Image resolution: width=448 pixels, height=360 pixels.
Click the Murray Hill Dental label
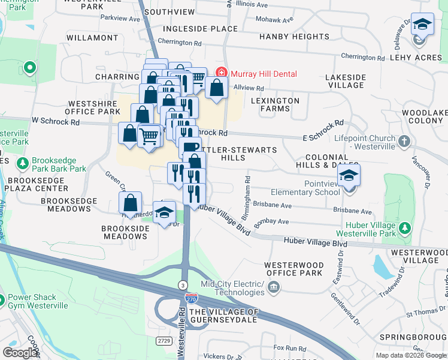[x=264, y=74]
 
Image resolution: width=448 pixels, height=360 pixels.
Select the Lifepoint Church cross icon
[x=404, y=142]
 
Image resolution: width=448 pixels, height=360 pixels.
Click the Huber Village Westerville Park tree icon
[x=405, y=228]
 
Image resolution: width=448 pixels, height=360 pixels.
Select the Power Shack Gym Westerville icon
[x=2, y=298]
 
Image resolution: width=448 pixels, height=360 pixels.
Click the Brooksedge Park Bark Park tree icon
[x=23, y=163]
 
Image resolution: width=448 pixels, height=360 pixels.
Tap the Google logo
[x=20, y=353]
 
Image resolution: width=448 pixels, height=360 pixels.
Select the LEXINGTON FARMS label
[x=275, y=104]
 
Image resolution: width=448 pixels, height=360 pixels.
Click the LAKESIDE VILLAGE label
[x=345, y=82]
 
